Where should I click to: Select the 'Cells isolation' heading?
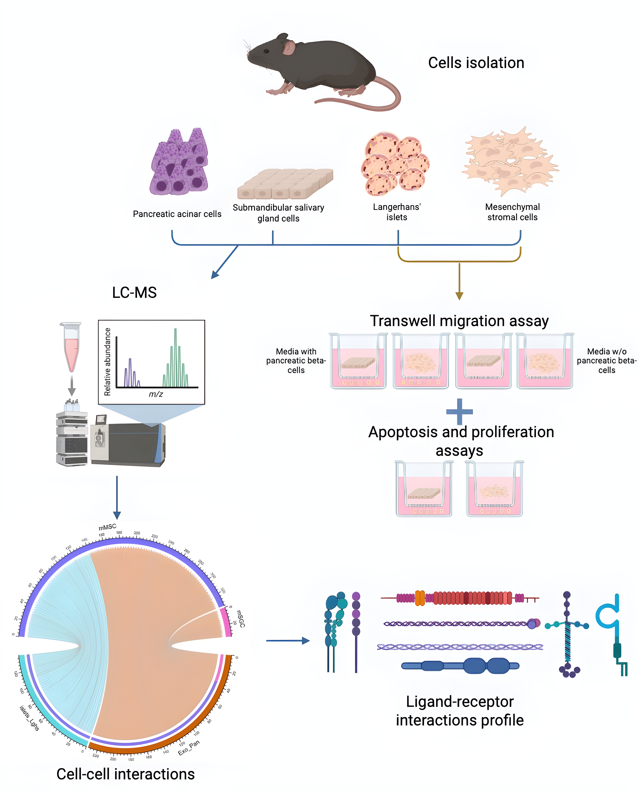coord(476,63)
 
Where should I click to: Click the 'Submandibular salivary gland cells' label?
coord(278,213)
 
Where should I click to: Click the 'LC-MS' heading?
coord(134,292)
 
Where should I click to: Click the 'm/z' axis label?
coord(156,394)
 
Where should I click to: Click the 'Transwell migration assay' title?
coord(459,321)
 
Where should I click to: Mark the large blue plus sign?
coord(459,412)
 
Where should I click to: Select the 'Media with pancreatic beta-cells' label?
coord(296,361)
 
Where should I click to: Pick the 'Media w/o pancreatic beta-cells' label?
coord(607,361)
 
